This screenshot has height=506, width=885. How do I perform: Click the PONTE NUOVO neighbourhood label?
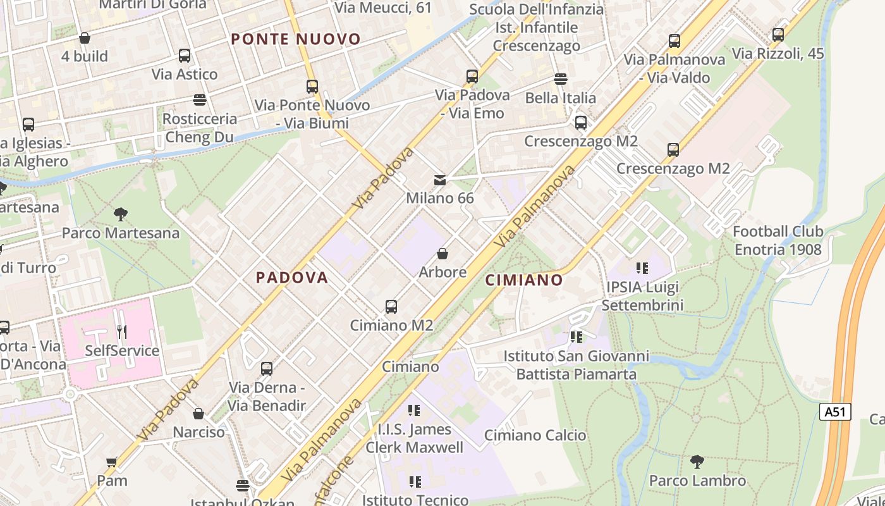(x=296, y=39)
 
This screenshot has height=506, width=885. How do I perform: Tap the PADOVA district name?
(x=292, y=277)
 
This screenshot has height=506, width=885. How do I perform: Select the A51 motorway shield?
(x=835, y=412)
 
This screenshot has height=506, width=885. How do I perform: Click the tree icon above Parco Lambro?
(x=697, y=461)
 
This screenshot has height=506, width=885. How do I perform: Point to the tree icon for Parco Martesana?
(x=121, y=214)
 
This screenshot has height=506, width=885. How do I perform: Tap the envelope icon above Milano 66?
(x=440, y=181)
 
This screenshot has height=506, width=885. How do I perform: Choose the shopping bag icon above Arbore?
(x=442, y=254)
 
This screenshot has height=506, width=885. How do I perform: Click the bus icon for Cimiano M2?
(x=391, y=307)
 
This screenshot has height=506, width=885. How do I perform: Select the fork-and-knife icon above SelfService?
(x=121, y=331)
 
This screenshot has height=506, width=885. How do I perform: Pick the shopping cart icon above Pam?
(x=112, y=462)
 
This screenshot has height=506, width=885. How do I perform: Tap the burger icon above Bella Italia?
(x=560, y=79)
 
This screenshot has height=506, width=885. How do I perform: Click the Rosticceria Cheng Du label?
(x=200, y=128)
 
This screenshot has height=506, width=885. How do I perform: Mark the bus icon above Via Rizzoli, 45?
(x=778, y=35)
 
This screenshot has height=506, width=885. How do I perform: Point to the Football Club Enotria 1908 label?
(x=778, y=240)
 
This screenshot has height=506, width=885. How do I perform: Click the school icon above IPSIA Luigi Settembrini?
(x=642, y=268)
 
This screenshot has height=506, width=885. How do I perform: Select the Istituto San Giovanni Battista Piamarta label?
(x=576, y=365)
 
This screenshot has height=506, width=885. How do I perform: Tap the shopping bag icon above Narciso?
(x=198, y=414)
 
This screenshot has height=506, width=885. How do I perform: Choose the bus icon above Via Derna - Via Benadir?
(x=267, y=368)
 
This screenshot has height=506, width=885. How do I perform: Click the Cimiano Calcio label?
(x=535, y=435)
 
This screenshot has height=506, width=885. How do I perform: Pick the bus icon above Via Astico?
(x=185, y=56)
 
